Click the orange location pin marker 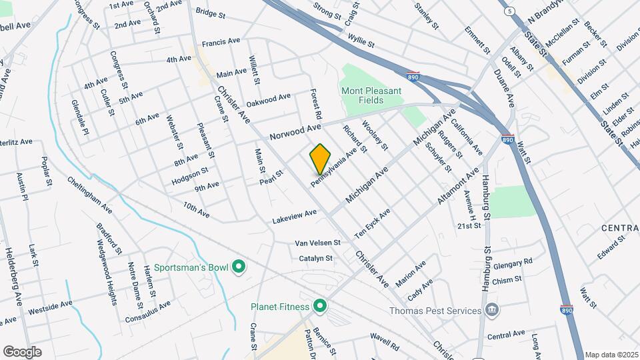point(320,159)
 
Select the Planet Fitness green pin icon point(320,307)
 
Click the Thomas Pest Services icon point(492,311)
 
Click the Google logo point(22,351)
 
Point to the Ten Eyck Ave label point(372,223)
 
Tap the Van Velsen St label point(318,243)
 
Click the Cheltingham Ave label point(89,194)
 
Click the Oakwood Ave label point(268,101)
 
